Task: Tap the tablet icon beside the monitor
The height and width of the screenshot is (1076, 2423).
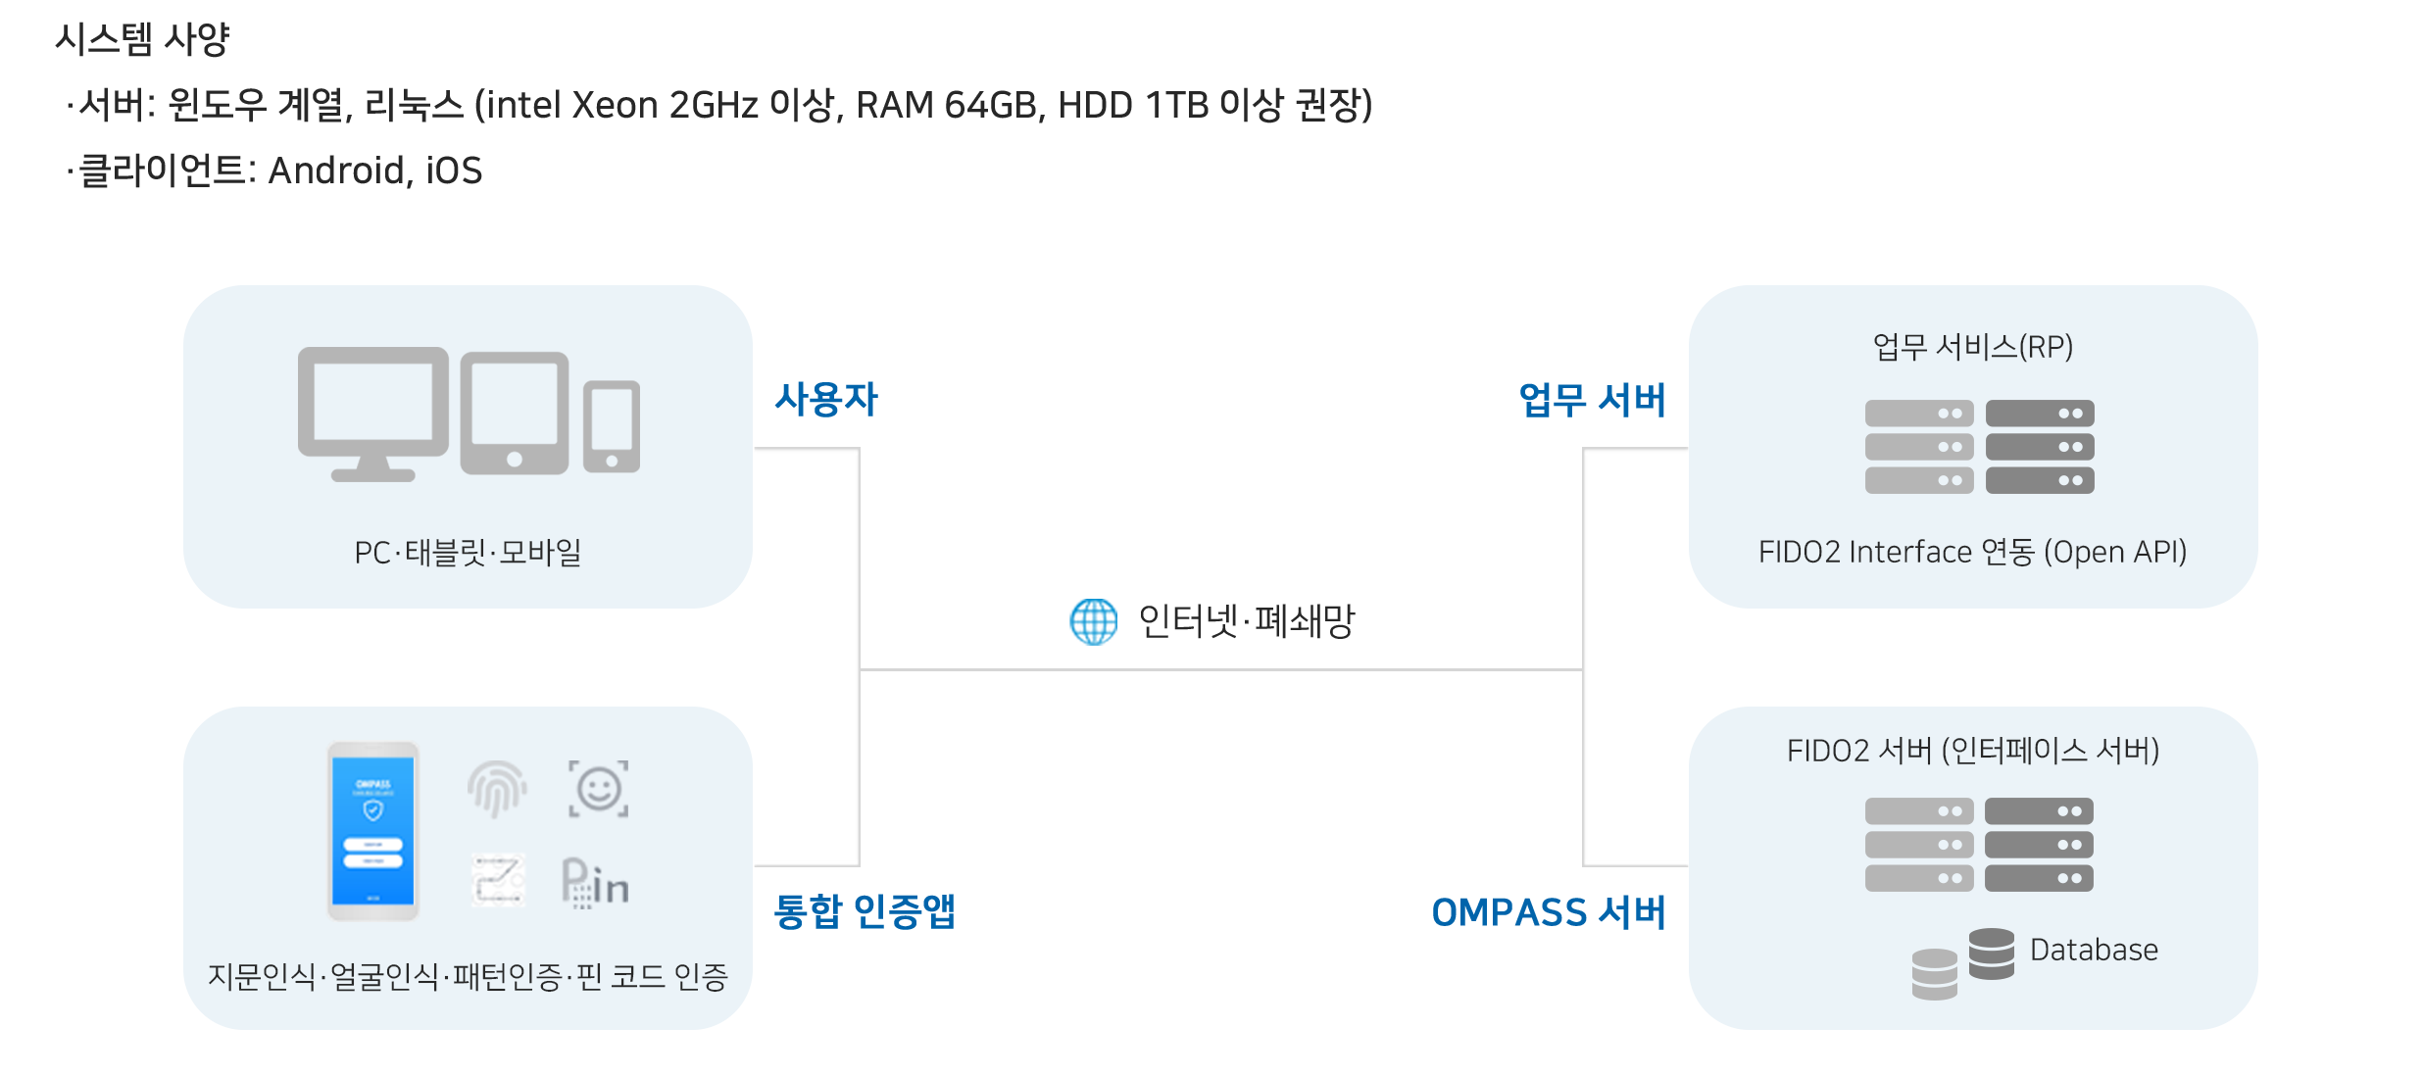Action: tap(515, 413)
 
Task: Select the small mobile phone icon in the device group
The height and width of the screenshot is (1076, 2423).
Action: tap(612, 427)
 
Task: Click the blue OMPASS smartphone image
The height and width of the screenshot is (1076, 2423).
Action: tap(373, 830)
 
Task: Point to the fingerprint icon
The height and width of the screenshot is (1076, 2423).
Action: tap(497, 789)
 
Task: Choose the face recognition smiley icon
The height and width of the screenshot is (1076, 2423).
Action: tap(599, 789)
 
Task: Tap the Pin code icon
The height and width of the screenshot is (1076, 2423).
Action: tap(595, 883)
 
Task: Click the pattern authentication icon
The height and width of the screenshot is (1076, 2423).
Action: tap(498, 879)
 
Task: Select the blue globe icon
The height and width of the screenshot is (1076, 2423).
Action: tap(1093, 621)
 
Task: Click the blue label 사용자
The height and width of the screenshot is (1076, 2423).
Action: tap(826, 399)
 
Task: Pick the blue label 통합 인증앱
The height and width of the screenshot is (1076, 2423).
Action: tap(864, 911)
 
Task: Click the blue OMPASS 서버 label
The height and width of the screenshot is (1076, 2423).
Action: tap(1549, 912)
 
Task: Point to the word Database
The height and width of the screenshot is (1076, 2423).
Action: tap(2094, 950)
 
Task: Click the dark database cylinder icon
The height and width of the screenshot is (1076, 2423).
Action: tap(1991, 954)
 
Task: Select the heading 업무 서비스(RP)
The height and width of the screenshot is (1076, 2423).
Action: tap(1972, 347)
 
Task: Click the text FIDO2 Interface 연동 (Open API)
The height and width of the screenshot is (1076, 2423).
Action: tap(1972, 553)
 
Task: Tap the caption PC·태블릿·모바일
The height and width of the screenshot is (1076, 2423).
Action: tap(468, 553)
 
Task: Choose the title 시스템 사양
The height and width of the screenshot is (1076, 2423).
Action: tap(142, 40)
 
